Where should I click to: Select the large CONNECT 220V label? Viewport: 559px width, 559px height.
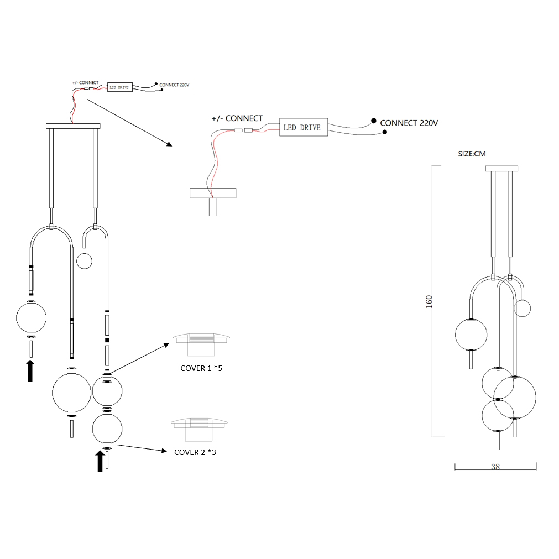click(409, 123)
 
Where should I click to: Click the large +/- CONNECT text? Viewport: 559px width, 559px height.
click(237, 118)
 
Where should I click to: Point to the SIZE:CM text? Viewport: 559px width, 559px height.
click(472, 154)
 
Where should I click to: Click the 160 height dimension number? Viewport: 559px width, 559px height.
click(430, 301)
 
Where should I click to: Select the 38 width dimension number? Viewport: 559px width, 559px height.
click(495, 467)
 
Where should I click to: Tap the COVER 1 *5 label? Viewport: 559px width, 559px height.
click(201, 368)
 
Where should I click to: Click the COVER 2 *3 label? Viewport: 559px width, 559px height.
click(195, 452)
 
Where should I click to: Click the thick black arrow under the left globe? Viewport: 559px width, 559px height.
click(31, 370)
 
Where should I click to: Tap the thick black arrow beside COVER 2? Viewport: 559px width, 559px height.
click(100, 461)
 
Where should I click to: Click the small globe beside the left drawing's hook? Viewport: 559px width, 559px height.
click(84, 260)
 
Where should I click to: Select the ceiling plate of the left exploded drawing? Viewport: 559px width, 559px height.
click(74, 126)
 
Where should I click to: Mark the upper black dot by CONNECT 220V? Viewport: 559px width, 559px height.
click(374, 121)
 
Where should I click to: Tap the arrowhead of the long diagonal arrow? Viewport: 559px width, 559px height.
click(169, 145)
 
